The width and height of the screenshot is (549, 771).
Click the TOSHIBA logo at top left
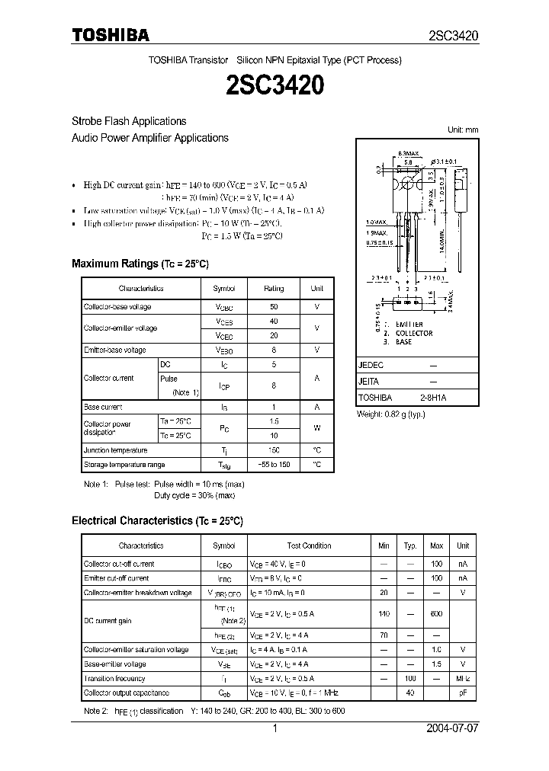pyautogui.click(x=111, y=34)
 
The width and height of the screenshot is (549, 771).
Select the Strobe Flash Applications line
pyautogui.click(x=129, y=121)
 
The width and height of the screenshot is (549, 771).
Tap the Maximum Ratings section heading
pyautogui.click(x=140, y=264)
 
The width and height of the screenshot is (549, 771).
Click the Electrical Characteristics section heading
pyautogui.click(x=157, y=521)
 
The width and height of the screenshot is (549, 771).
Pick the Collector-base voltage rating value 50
pyautogui.click(x=274, y=307)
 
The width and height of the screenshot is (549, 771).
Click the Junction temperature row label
pyautogui.click(x=115, y=450)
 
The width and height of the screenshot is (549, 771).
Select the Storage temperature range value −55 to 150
pyautogui.click(x=274, y=465)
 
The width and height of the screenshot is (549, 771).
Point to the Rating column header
pyautogui.click(x=274, y=289)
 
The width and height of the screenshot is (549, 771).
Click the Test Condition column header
pyautogui.click(x=309, y=545)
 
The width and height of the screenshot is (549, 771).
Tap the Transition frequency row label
pyautogui.click(x=114, y=678)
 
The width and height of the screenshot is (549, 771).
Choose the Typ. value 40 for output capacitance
pyautogui.click(x=410, y=693)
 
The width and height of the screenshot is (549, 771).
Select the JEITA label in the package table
pyautogui.click(x=369, y=382)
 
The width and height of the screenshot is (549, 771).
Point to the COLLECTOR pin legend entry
pyautogui.click(x=414, y=333)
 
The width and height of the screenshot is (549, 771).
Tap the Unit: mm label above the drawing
pyautogui.click(x=462, y=130)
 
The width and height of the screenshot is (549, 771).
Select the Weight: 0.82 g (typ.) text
pyautogui.click(x=391, y=414)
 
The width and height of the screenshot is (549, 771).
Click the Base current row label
pyautogui.click(x=103, y=408)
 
